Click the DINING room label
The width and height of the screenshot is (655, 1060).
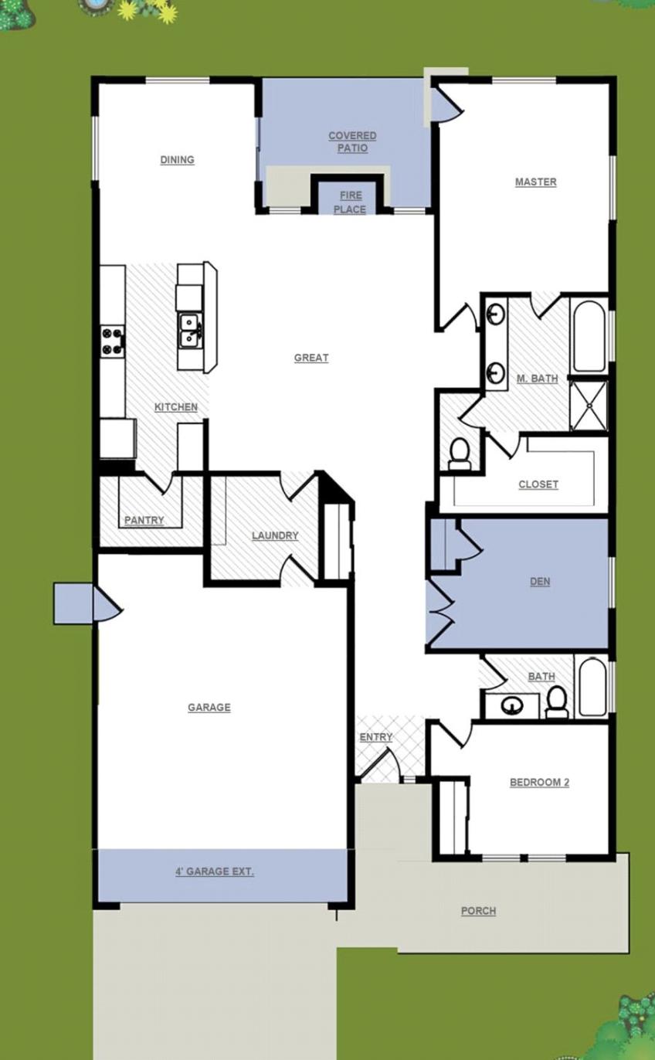pyautogui.click(x=177, y=160)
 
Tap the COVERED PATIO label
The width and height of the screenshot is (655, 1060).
pyautogui.click(x=352, y=141)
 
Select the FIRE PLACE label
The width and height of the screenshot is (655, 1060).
pyautogui.click(x=350, y=202)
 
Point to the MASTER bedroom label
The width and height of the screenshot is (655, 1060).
pyautogui.click(x=535, y=182)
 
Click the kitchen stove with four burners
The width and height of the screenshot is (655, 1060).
pyautogui.click(x=113, y=341)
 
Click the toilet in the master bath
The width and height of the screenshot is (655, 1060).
pyautogui.click(x=460, y=454)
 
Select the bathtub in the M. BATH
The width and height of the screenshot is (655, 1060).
pyautogui.click(x=589, y=336)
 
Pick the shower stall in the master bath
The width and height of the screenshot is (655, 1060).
pyautogui.click(x=589, y=405)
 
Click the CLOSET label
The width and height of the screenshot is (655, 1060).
pyautogui.click(x=538, y=484)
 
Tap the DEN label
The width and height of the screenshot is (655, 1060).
pyautogui.click(x=540, y=582)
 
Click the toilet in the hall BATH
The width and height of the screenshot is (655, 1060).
pyautogui.click(x=556, y=702)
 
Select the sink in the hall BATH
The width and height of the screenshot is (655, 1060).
pyautogui.click(x=511, y=705)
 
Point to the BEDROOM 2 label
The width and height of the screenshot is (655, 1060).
pyautogui.click(x=539, y=783)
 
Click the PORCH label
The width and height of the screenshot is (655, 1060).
pyautogui.click(x=478, y=911)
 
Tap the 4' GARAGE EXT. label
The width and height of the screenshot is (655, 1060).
pyautogui.click(x=214, y=872)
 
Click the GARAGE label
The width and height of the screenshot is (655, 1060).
pyautogui.click(x=209, y=708)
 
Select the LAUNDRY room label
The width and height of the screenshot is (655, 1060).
pyautogui.click(x=274, y=536)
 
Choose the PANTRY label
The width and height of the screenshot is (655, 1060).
pyautogui.click(x=144, y=521)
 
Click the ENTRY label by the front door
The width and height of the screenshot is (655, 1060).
pyautogui.click(x=375, y=738)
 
